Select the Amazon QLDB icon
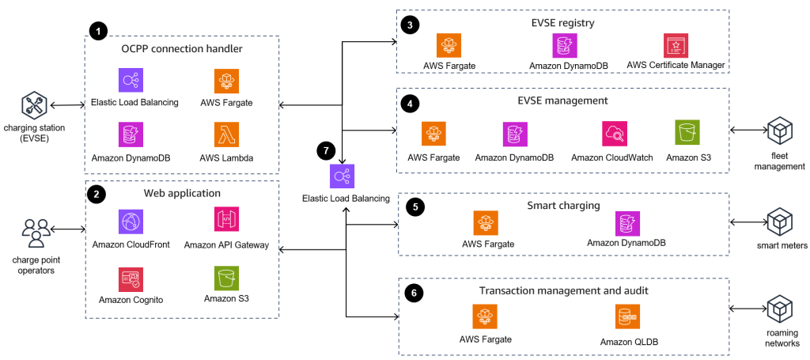(x=628, y=316)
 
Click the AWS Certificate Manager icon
(x=676, y=44)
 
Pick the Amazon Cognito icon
(x=131, y=278)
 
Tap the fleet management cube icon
(x=779, y=130)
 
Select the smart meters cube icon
(x=779, y=219)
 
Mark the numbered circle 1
(x=97, y=31)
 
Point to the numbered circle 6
(x=412, y=292)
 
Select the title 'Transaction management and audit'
(x=564, y=290)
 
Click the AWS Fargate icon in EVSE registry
(x=449, y=44)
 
